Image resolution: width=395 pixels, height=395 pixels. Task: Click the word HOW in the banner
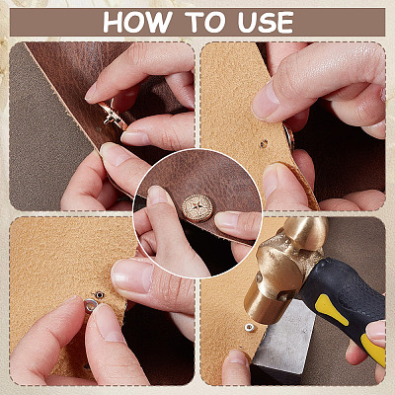click(137, 23)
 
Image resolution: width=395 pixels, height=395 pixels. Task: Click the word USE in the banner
click(266, 23)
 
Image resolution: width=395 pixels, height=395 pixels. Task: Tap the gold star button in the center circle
click(197, 208)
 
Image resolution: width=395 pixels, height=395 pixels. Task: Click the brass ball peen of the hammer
click(306, 231)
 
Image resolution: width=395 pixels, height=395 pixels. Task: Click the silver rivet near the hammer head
click(250, 328)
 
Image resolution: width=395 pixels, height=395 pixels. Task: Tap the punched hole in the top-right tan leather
click(264, 143)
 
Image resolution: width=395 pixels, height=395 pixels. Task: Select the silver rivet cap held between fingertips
click(91, 305)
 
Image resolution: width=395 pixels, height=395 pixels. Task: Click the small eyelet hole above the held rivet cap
click(99, 294)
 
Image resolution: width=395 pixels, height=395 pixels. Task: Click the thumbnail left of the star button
click(157, 195)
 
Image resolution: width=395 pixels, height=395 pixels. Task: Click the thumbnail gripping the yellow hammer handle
click(375, 330)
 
